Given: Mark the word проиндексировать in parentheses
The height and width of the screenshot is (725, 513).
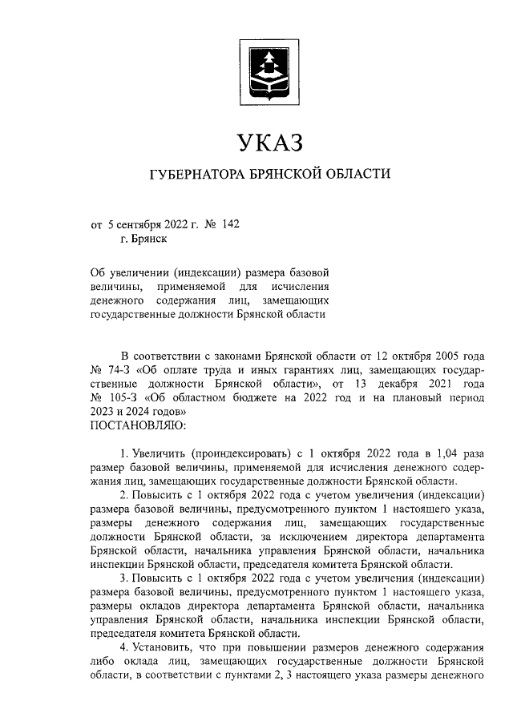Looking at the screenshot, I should pyautogui.click(x=253, y=453).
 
